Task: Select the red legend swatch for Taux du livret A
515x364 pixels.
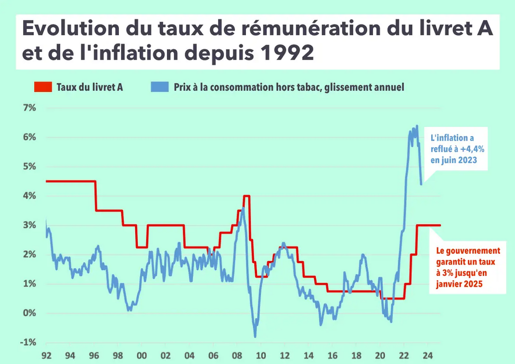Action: point(42,87)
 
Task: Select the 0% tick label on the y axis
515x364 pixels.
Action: point(29,313)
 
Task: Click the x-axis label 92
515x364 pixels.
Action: point(46,356)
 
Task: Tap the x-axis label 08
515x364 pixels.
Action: point(237,356)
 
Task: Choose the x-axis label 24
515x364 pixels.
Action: point(427,356)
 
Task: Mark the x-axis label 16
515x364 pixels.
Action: point(332,356)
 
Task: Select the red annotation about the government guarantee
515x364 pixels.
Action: point(467,267)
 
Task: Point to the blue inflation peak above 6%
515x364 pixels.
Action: point(416,126)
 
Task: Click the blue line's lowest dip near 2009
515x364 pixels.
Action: point(255,336)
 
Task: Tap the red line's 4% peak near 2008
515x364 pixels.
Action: point(246,196)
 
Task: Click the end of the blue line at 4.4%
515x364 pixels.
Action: point(421,184)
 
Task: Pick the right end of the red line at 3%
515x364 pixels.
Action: point(439,225)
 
